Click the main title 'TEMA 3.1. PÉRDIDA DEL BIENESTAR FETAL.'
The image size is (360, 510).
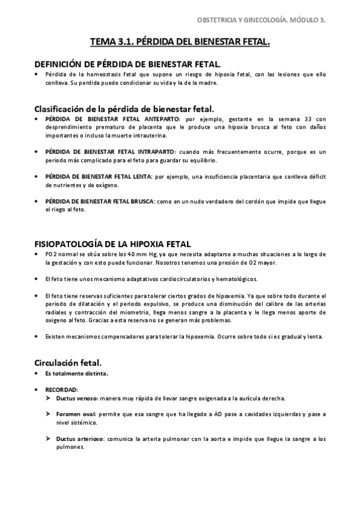point(180,43)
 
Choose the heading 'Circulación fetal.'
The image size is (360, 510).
point(67,363)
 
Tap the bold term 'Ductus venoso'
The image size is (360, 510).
point(75,399)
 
